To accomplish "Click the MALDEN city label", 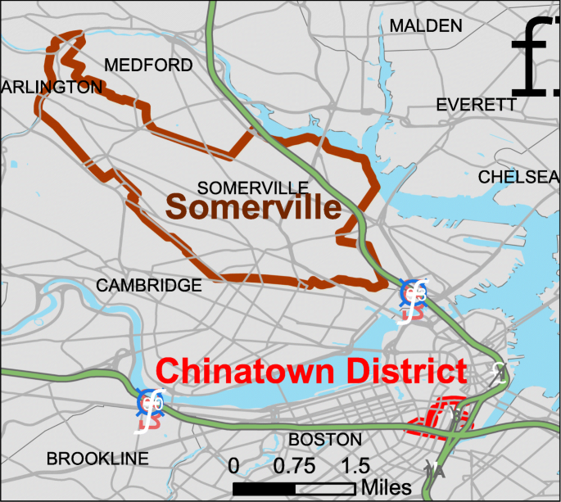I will tap(425, 26).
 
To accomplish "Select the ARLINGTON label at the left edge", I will tap(51, 87).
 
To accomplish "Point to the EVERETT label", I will tap(476, 105).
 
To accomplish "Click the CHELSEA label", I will tap(518, 177).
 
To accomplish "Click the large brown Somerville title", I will tap(253, 208).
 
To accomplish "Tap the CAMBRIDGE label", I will tap(148, 285).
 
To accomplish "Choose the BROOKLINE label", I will tap(97, 459).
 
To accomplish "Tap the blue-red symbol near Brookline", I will tap(151, 403).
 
